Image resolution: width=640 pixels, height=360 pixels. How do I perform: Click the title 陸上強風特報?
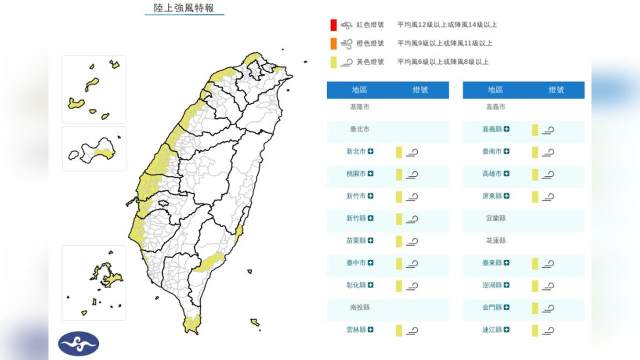click(184, 8)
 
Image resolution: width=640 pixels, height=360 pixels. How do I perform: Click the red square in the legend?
click(333, 24)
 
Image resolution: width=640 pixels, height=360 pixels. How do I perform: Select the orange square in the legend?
click(333, 43)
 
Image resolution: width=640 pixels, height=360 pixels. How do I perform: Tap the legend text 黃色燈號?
click(370, 62)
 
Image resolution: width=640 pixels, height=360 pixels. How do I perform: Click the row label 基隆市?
click(359, 107)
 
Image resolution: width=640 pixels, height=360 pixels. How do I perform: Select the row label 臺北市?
click(359, 129)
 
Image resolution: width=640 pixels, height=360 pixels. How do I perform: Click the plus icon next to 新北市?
click(370, 151)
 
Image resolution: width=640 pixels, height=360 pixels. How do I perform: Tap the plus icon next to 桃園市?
click(370, 173)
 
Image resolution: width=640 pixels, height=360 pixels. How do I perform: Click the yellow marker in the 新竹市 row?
click(399, 196)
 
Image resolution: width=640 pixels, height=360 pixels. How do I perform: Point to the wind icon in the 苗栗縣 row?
click(412, 241)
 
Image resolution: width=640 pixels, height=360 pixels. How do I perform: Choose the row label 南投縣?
click(359, 307)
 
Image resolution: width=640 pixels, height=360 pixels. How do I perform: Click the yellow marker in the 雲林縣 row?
click(399, 330)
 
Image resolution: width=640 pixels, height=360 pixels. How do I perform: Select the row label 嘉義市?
click(495, 107)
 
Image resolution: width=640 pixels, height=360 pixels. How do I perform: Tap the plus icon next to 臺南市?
click(506, 151)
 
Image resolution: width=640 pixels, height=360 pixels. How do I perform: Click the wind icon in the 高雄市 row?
click(548, 174)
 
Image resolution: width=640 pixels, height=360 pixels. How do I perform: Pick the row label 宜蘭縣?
click(495, 218)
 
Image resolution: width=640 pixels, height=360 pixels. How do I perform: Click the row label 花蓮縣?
click(495, 240)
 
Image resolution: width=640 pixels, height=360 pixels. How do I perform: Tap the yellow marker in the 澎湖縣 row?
click(535, 285)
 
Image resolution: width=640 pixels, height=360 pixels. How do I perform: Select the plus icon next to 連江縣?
click(506, 329)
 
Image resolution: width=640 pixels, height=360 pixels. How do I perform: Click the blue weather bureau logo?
click(78, 344)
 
